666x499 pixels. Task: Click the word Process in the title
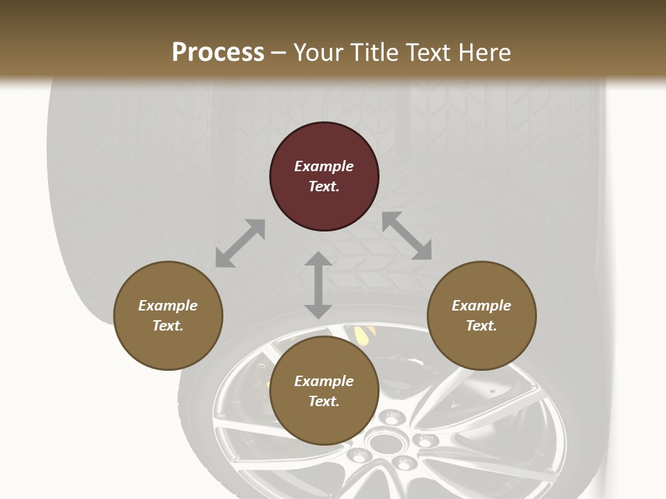(218, 53)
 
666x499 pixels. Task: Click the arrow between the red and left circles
(240, 243)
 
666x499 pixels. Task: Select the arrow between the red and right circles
(407, 236)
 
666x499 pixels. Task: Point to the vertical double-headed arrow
(318, 285)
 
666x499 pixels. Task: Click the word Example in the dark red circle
(324, 166)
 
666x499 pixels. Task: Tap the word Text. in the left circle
(168, 326)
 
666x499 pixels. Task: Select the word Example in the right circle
(481, 306)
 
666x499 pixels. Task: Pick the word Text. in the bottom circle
(324, 401)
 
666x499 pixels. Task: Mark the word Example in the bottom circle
(324, 381)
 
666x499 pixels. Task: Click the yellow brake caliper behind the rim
(361, 335)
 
